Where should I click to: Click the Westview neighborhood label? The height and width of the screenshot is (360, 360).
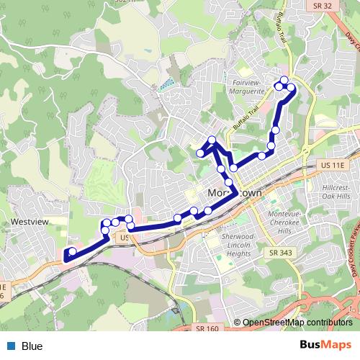click(30, 222)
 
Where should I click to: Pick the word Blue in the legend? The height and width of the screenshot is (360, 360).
click(32, 346)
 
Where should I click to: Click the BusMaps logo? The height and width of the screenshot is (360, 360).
click(326, 346)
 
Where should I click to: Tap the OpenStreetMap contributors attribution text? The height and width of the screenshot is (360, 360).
click(297, 323)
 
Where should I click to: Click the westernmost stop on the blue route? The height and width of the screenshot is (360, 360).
click(67, 253)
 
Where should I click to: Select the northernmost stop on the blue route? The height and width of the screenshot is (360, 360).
click(284, 80)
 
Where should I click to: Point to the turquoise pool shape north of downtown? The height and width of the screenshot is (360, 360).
click(167, 84)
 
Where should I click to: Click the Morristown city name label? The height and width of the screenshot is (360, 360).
click(234, 194)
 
